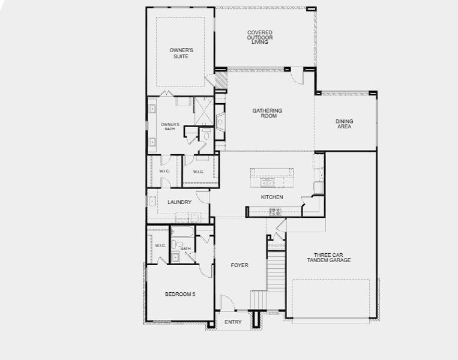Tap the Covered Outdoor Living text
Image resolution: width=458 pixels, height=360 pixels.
pos(260,37)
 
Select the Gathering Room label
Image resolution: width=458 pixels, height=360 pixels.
pos(267,114)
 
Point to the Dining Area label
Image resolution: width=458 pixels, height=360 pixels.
pos(344,124)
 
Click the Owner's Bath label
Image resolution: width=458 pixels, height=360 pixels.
pos(170,127)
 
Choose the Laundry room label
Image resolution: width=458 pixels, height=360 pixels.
pos(179,202)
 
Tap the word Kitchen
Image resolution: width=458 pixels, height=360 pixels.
pos(272,197)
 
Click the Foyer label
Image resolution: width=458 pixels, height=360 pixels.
pos(240,265)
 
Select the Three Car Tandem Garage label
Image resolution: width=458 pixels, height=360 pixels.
pos(328,257)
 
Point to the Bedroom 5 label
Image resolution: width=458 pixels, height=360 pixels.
pos(180,294)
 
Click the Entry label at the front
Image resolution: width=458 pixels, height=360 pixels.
pos(233,322)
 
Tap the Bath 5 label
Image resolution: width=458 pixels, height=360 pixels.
pos(185,250)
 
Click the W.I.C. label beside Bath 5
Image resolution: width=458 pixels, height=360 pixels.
pos(160,245)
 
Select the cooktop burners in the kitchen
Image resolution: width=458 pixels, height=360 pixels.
pos(276,211)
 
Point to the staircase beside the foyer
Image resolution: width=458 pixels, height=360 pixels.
pos(275,273)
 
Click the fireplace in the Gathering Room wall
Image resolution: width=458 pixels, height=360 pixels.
pos(220,122)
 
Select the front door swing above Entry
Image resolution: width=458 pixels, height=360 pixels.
pos(227,304)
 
